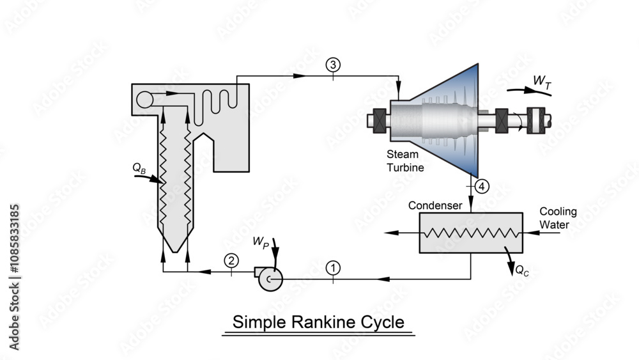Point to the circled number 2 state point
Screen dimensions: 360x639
click(231, 260)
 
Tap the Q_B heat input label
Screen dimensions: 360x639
click(139, 168)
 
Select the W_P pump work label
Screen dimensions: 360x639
click(261, 242)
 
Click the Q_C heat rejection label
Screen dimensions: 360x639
click(522, 270)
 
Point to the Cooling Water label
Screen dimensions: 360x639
click(558, 217)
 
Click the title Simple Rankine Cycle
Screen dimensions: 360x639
click(318, 322)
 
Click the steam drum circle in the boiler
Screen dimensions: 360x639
click(146, 98)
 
